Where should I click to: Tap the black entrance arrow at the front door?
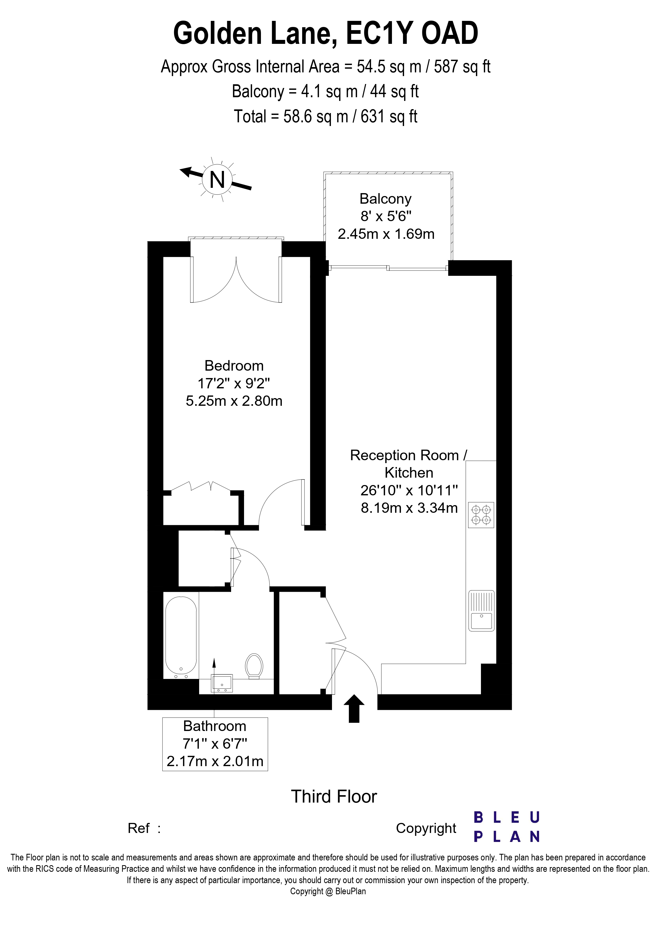[354, 708]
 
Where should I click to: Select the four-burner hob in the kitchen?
[481, 515]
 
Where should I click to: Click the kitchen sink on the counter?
[481, 611]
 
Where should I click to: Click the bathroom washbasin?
[222, 683]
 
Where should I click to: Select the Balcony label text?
[385, 199]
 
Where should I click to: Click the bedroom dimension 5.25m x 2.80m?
[234, 401]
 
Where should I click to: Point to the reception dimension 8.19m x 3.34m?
[409, 507]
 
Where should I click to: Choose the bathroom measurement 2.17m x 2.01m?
[215, 761]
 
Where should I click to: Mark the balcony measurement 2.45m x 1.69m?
[386, 234]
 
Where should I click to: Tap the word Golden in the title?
[218, 34]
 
